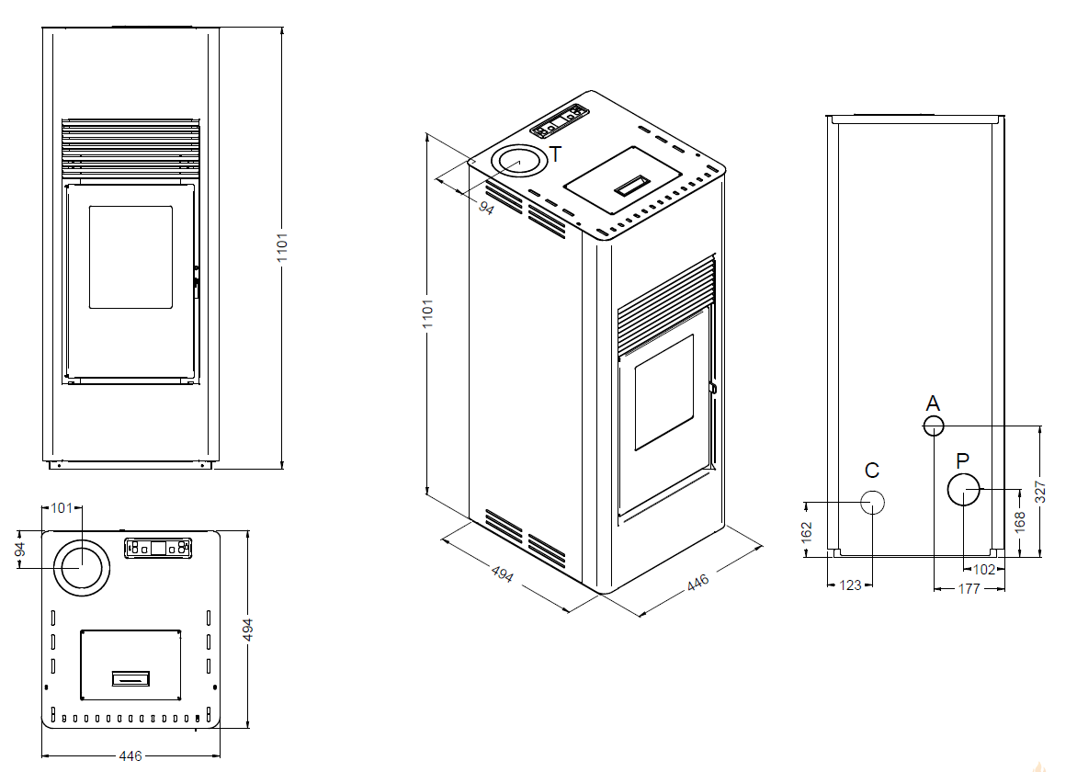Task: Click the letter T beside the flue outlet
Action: [x=556, y=155]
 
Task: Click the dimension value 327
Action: [x=1040, y=492]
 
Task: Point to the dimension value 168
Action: [x=1020, y=521]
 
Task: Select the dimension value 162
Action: [x=807, y=531]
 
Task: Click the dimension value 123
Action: [x=850, y=585]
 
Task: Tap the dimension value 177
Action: [x=969, y=588]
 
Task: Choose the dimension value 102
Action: [x=984, y=570]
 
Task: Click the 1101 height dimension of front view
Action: [x=282, y=247]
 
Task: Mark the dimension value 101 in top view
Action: [x=62, y=508]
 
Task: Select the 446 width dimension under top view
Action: [x=130, y=755]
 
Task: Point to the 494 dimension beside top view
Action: [x=248, y=630]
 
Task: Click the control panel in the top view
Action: [x=158, y=548]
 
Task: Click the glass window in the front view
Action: [x=130, y=257]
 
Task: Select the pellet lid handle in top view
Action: [x=130, y=678]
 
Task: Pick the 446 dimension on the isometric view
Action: [x=697, y=583]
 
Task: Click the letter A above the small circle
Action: [x=933, y=403]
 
